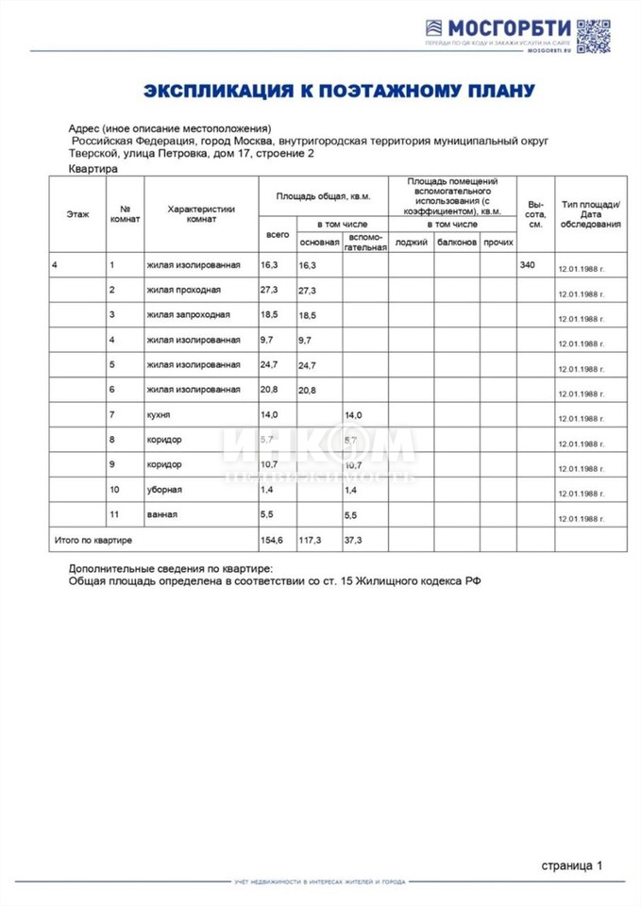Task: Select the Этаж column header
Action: click(x=77, y=214)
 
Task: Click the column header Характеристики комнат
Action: click(x=200, y=214)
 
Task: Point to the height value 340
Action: click(x=527, y=265)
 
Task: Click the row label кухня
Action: click(x=160, y=414)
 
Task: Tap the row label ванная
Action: click(x=163, y=514)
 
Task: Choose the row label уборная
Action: click(x=165, y=490)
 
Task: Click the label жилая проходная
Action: click(x=184, y=290)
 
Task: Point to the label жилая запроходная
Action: click(x=189, y=314)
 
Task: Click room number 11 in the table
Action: click(x=114, y=514)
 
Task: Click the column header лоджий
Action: click(x=411, y=243)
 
